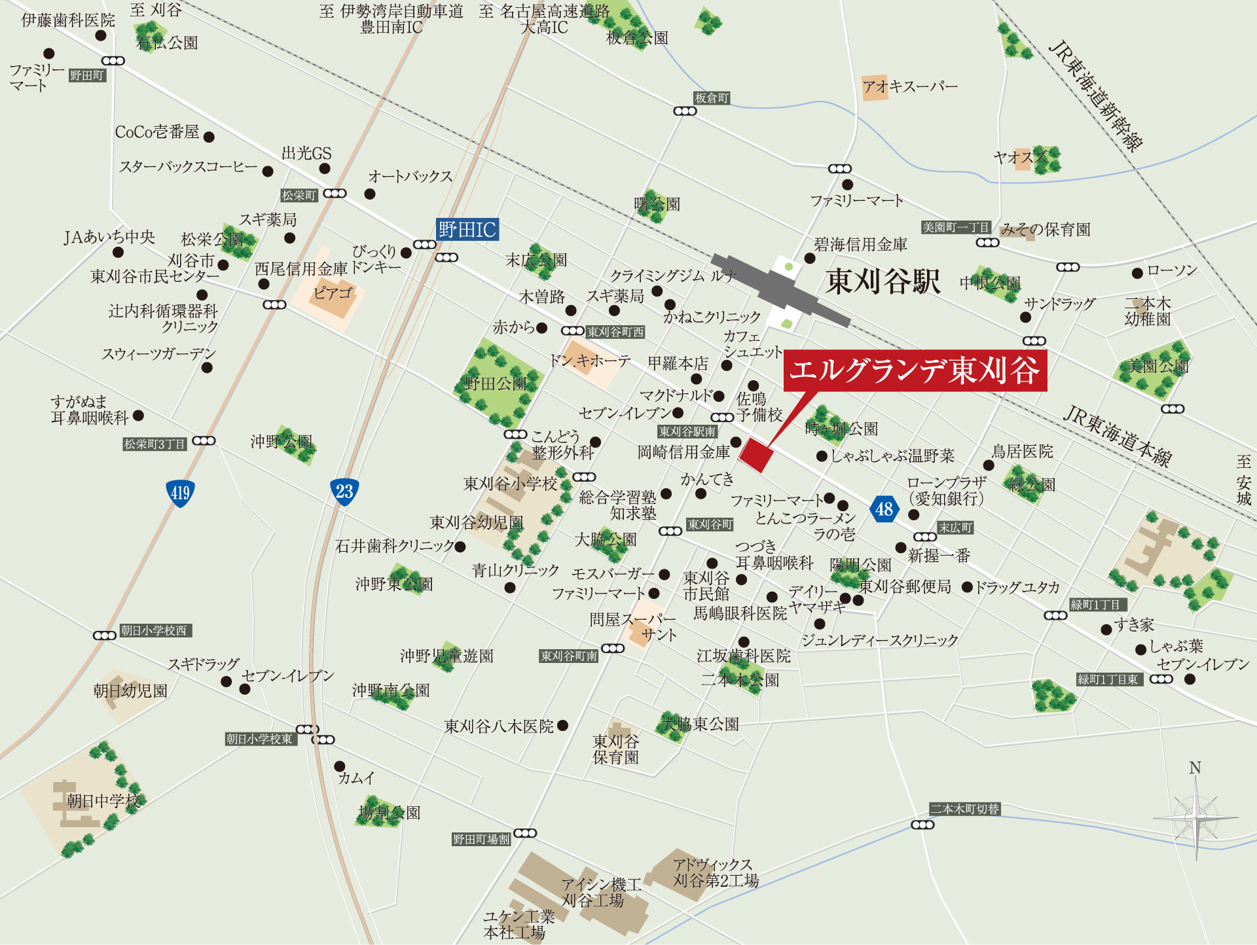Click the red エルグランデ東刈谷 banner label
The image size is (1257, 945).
pos(915,370)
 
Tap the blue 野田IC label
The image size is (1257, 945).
pos(467,230)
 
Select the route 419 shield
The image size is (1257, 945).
pos(179,493)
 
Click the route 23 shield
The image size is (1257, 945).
pos(344,491)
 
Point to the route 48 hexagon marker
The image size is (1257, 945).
pos(884,508)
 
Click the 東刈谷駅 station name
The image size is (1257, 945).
pos(882,281)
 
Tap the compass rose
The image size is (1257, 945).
pos(1195,817)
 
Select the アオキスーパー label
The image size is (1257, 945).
pos(909,86)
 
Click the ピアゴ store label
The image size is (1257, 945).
pos(333,293)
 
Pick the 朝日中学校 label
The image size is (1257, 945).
pos(103,801)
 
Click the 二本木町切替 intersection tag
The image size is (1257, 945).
pos(965,809)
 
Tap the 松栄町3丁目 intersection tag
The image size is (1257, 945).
pos(155,444)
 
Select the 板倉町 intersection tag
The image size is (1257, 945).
pos(712,98)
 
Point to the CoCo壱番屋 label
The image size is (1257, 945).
pos(157,132)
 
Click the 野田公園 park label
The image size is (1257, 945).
pos(496,383)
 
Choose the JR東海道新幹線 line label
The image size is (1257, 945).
pos(1097,96)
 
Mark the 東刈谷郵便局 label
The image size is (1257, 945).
pos(905,586)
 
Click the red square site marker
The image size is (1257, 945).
pos(756,455)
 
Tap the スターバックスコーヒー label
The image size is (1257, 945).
pos(189,167)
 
